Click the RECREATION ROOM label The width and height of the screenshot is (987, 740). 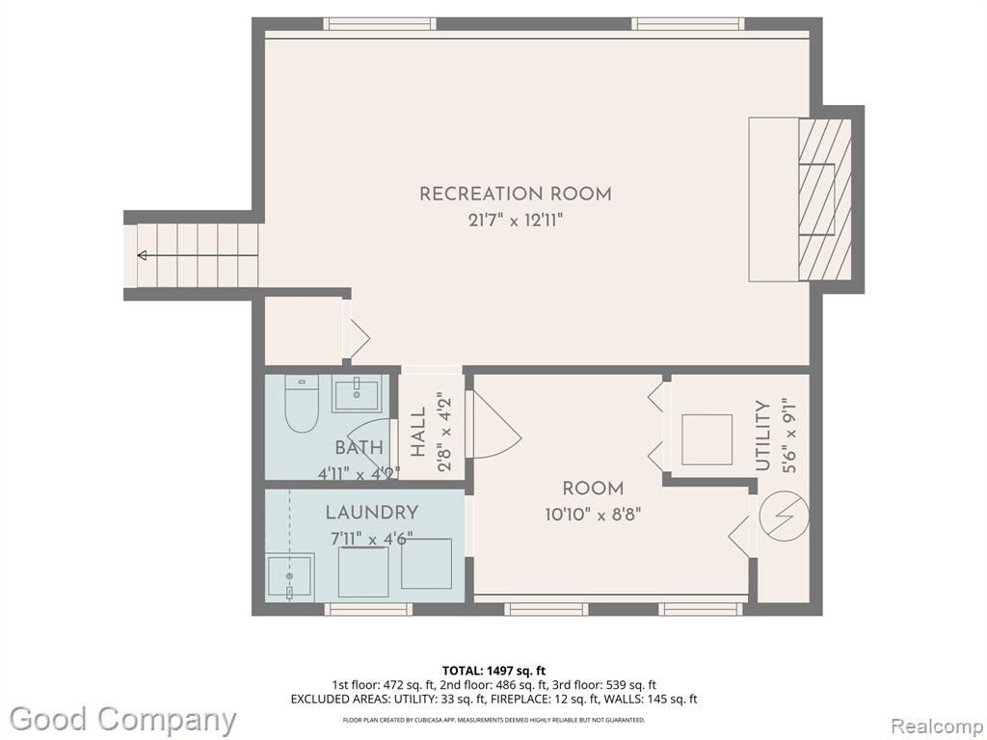tap(515, 194)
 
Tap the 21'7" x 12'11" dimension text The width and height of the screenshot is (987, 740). tap(515, 221)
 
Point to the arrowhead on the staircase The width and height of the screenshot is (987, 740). tap(143, 255)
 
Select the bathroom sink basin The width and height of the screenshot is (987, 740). tap(357, 394)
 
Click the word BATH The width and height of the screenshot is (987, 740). tap(359, 447)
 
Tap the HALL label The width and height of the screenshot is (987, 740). tap(418, 432)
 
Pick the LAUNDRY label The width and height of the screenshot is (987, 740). tap(371, 513)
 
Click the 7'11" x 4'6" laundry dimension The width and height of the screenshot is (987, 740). tap(371, 540)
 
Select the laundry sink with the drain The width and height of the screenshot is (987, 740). tap(289, 576)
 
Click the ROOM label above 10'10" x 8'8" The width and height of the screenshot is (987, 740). tap(593, 489)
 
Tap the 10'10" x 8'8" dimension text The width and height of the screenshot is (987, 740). tap(593, 515)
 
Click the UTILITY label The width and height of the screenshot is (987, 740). tap(763, 436)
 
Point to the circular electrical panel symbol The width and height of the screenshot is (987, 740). tap(784, 515)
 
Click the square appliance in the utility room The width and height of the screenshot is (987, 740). tap(707, 439)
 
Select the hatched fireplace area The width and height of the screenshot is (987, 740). tap(825, 199)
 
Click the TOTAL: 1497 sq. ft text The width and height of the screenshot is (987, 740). tap(494, 671)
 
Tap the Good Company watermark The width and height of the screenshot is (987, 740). tap(122, 720)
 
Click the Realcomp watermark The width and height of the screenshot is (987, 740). tap(938, 727)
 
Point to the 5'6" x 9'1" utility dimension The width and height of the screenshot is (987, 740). tap(789, 436)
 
